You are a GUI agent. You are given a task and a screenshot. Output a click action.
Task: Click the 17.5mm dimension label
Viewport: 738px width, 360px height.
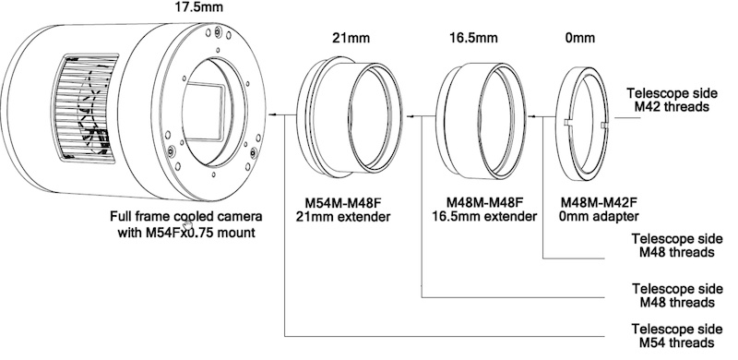198,7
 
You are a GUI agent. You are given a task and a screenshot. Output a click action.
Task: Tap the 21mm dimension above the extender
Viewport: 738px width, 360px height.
351,38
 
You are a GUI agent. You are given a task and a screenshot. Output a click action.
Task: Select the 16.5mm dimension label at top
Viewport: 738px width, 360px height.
473,38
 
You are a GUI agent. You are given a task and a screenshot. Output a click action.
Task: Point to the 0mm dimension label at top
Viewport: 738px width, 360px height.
580,38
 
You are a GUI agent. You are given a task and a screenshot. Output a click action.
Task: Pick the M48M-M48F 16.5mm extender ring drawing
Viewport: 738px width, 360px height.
480,121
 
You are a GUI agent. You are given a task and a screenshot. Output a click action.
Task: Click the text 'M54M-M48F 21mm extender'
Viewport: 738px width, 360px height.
343,210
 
